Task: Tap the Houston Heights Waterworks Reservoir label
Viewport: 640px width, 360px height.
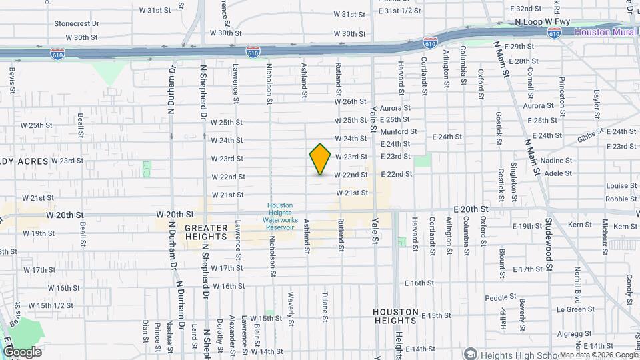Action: (281, 217)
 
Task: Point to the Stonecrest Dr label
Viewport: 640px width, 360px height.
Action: (77, 23)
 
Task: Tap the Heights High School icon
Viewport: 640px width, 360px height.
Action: (471, 353)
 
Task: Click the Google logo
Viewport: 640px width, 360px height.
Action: (22, 351)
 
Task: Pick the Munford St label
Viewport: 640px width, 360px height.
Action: (399, 132)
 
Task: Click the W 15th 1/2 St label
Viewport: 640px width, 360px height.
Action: (51, 305)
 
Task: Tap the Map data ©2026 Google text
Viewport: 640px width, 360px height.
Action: (598, 355)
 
